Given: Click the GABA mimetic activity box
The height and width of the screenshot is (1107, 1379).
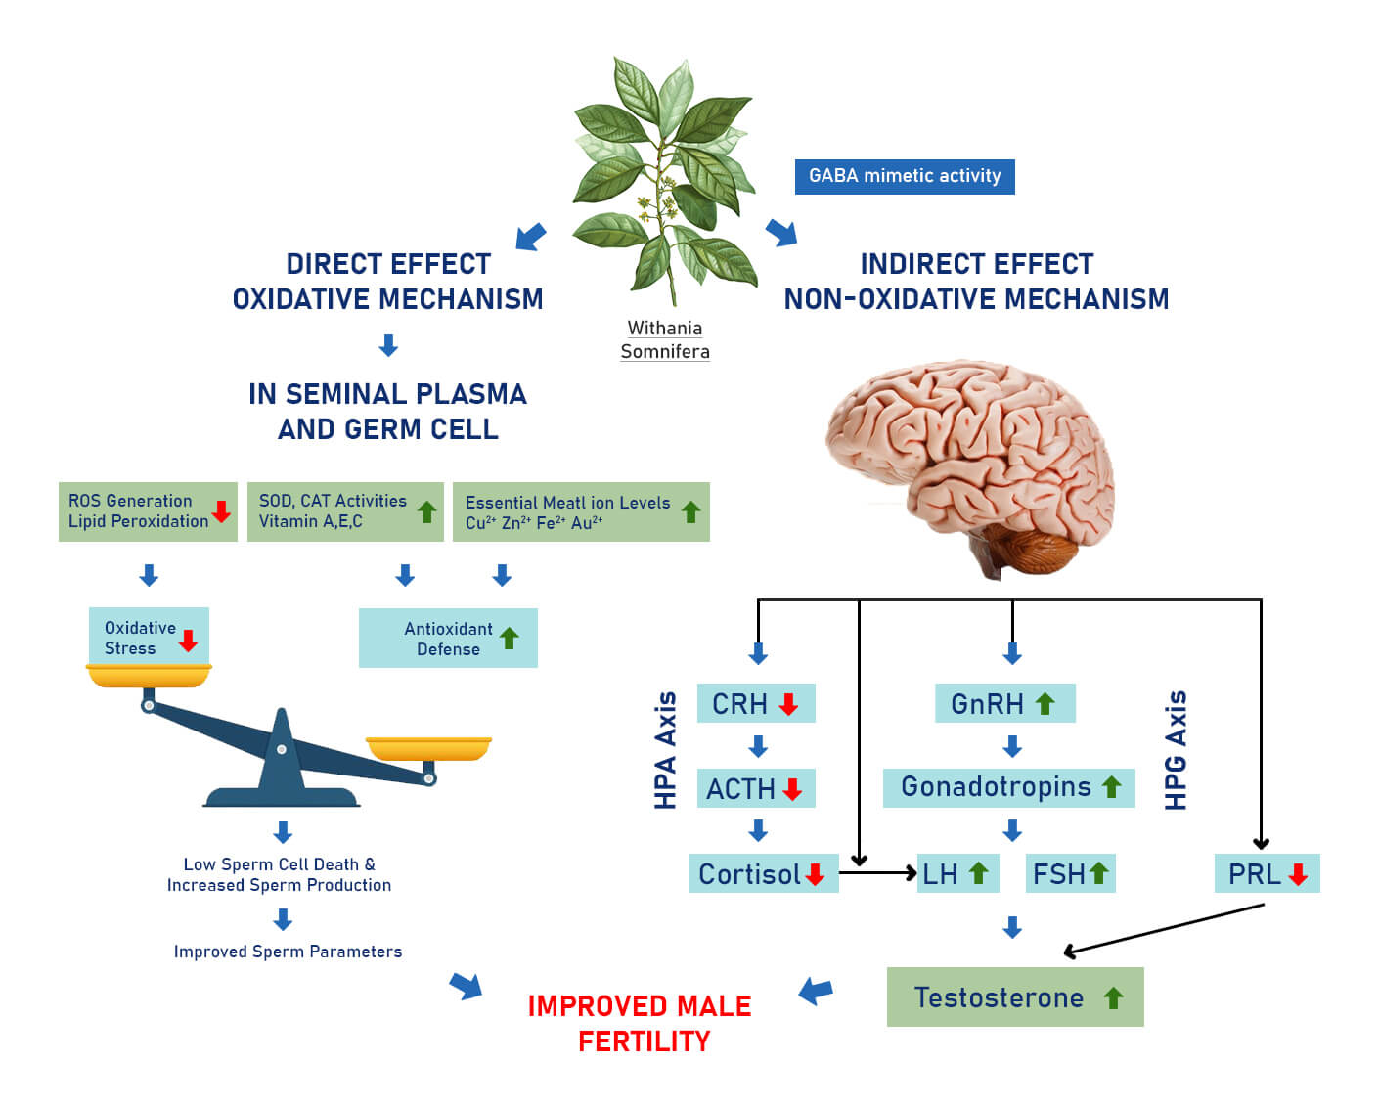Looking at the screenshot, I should [904, 177].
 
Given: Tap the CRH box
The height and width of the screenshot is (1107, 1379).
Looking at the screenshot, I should [755, 703].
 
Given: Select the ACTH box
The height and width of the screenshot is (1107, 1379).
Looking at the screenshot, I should [755, 788].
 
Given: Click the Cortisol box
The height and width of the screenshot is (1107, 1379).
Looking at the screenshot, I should [763, 873].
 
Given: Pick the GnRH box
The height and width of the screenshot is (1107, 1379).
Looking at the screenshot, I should [1004, 703].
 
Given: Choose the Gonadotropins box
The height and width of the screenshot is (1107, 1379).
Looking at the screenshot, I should [1008, 787].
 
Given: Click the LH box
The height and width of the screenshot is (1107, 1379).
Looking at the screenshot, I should [956, 873].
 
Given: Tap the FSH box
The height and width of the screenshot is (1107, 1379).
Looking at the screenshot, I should [1070, 873].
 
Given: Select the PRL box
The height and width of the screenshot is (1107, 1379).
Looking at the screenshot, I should [1267, 873].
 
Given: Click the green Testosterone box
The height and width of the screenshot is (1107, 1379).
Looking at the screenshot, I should [1014, 997].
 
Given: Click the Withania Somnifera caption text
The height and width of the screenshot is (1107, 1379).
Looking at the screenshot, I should [665, 340].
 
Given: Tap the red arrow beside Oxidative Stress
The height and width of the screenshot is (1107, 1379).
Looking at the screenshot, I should [189, 640].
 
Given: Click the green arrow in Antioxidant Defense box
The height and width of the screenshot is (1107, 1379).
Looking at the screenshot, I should [510, 639].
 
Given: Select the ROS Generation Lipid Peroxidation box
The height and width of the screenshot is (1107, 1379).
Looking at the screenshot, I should [148, 511].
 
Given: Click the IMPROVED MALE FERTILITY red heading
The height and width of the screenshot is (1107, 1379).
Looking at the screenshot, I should [641, 1023].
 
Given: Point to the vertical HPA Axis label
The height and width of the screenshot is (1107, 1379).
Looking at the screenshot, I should [665, 750].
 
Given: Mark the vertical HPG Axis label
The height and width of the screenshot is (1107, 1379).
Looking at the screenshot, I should [1176, 750].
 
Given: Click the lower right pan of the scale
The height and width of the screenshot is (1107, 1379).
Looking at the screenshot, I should [428, 749].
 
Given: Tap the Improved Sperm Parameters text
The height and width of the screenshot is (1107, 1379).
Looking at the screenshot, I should [288, 952].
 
